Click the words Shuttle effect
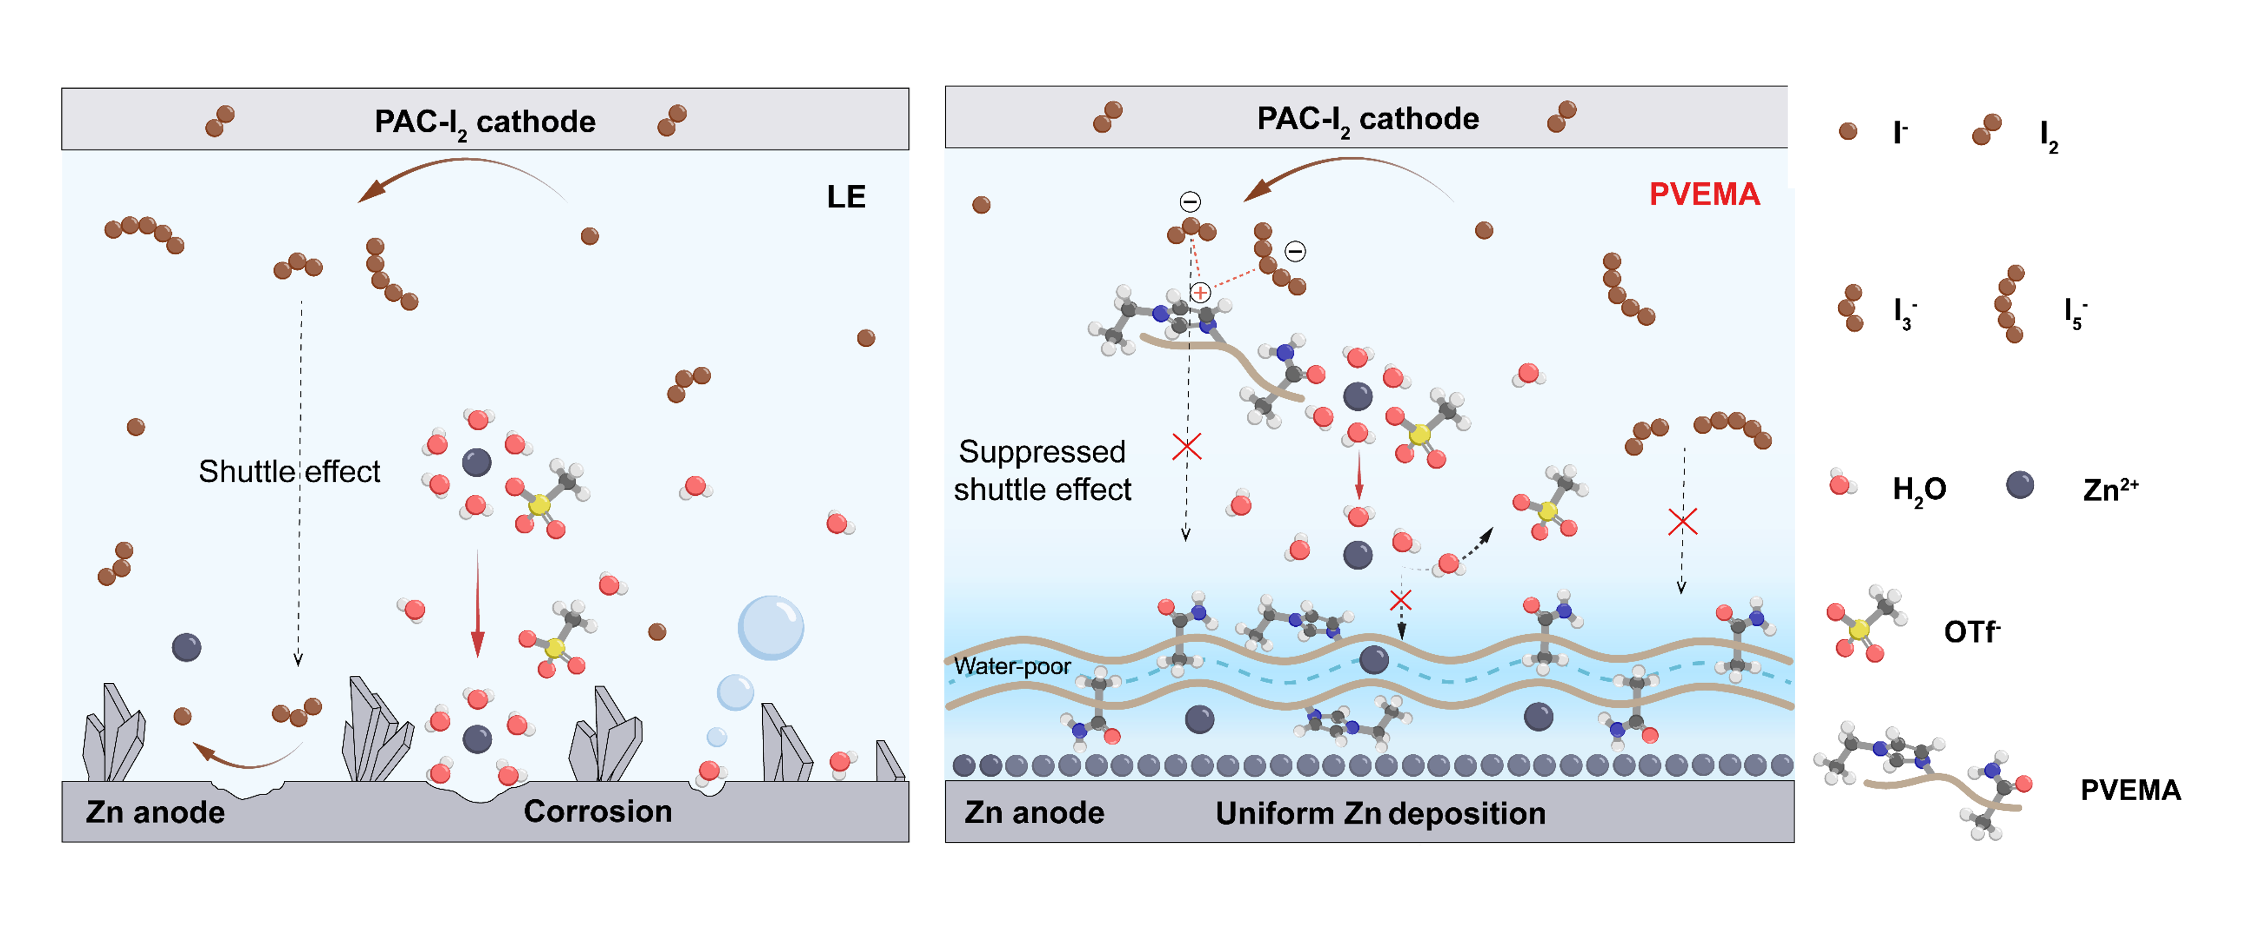289,471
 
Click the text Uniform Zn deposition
1380,813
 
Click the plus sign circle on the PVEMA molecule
1200,293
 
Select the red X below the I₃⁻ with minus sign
1186,447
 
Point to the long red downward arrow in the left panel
477,603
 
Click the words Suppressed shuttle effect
1042,471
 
